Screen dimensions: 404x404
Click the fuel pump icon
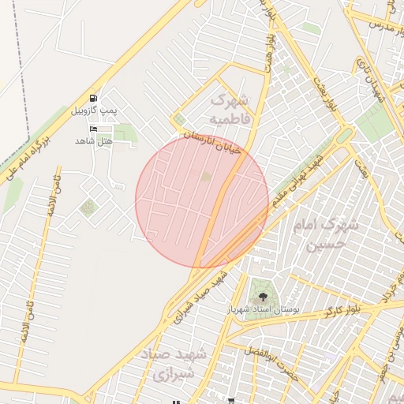pyautogui.click(x=94, y=98)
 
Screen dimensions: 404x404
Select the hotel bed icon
pyautogui.click(x=94, y=129)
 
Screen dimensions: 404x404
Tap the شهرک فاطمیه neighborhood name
pyautogui.click(x=230, y=110)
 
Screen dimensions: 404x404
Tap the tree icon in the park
pyautogui.click(x=262, y=297)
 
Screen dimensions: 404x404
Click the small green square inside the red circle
pyautogui.click(x=206, y=177)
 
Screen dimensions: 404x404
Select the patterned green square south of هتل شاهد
pyautogui.click(x=87, y=208)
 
